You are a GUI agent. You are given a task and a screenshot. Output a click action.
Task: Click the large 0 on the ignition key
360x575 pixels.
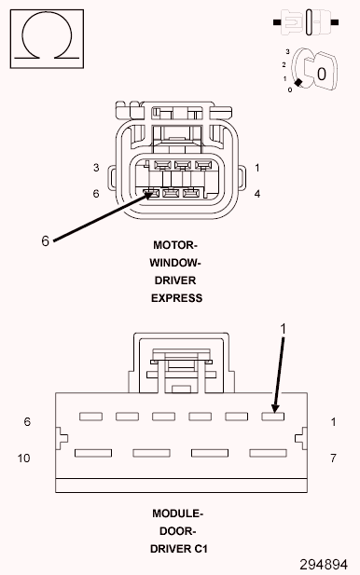tap(320, 72)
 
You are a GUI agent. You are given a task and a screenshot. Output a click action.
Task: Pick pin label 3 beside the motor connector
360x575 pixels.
tap(96, 168)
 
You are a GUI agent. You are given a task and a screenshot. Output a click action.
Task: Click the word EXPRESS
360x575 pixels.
tap(177, 298)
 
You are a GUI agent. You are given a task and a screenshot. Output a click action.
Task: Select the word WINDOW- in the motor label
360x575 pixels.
tap(177, 263)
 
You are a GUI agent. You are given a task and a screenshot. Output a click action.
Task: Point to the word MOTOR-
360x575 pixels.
tap(177, 245)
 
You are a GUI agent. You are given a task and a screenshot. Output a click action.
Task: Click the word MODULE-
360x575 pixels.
tap(177, 513)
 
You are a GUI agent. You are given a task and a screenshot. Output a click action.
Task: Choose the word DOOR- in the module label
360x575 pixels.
tap(177, 531)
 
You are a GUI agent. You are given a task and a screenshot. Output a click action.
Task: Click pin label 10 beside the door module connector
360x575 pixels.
tap(25, 458)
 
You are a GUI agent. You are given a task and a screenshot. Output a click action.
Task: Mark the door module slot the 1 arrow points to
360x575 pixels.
tap(272, 416)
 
